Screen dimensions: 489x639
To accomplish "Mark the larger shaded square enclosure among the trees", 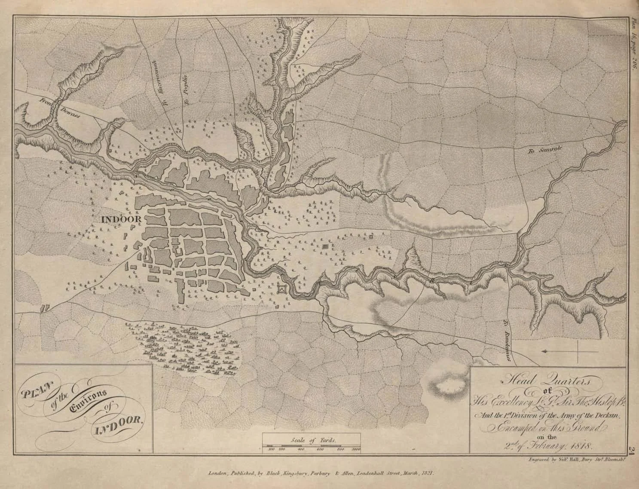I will coord(325,246).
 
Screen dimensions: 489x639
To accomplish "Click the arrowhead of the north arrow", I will coord(544,351).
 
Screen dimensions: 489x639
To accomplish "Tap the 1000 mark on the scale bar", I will coord(355,449).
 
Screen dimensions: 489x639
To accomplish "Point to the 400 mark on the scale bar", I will coord(300,449).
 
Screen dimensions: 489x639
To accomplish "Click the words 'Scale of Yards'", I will coord(312,440).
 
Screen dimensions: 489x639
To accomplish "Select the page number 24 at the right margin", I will coord(632,450).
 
